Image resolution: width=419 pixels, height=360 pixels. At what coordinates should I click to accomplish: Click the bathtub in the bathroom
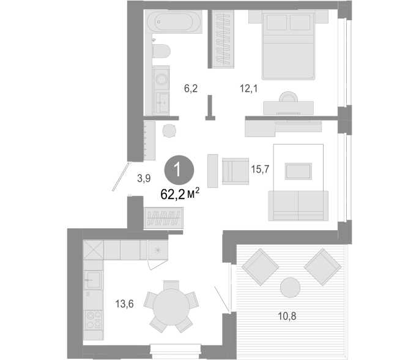click(x=174, y=22)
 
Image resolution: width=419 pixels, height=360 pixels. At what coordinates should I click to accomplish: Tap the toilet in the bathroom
click(x=161, y=51)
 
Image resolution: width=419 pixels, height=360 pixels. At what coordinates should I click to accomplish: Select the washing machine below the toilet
click(x=161, y=79)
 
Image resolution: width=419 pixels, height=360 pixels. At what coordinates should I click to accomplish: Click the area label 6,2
click(x=191, y=88)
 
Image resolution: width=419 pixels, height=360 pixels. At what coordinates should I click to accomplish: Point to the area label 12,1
click(x=248, y=88)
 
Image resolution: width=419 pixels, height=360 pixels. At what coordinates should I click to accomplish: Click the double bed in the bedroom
click(x=288, y=45)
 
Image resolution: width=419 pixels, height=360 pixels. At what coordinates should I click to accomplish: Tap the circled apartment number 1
click(x=179, y=170)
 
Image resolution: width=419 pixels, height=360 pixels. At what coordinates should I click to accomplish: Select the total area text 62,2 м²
click(x=180, y=193)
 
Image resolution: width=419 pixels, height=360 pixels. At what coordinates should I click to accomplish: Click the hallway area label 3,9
click(x=144, y=178)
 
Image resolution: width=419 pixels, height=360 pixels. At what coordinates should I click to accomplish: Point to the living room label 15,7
click(x=260, y=169)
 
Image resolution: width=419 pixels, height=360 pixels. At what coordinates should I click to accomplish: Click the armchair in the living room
click(x=235, y=171)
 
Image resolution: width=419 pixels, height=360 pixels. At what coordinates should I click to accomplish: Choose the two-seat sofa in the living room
click(x=298, y=206)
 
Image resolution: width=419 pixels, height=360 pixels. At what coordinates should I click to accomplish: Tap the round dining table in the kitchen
click(x=171, y=306)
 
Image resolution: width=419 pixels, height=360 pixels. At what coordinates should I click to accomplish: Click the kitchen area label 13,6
click(x=124, y=304)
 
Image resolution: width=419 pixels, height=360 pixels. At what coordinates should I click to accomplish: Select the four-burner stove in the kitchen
click(x=93, y=320)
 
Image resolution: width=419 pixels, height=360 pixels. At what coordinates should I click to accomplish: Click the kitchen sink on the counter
click(x=93, y=280)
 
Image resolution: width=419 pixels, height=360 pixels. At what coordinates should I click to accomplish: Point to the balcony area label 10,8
click(x=287, y=316)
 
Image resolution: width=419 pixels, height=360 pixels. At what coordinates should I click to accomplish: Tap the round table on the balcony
click(x=290, y=288)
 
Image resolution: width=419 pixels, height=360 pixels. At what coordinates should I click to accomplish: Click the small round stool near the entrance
click(x=169, y=131)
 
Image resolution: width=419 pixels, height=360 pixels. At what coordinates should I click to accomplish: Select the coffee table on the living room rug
click(x=298, y=171)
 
